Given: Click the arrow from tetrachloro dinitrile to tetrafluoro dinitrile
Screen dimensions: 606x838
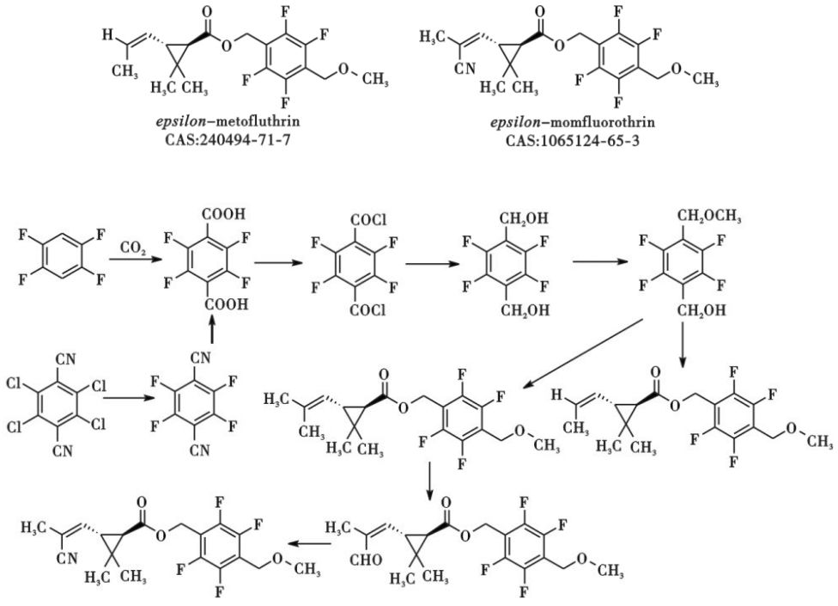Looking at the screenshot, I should (x=127, y=400).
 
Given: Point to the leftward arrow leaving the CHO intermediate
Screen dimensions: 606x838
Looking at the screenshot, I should (x=305, y=542).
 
